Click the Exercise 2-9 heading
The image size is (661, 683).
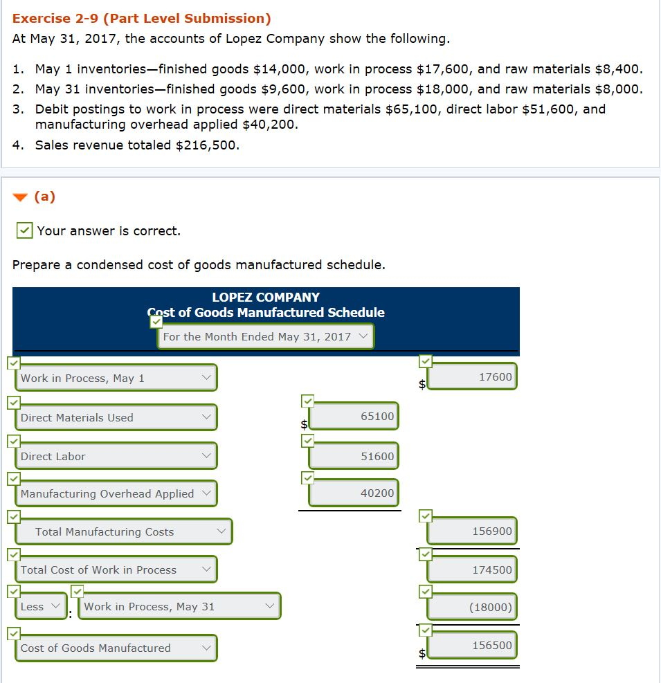[x=142, y=19]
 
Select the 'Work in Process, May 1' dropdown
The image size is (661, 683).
[x=116, y=378]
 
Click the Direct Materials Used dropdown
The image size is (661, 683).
[x=116, y=417]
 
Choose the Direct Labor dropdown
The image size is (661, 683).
[x=116, y=456]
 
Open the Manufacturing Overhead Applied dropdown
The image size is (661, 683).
[x=116, y=493]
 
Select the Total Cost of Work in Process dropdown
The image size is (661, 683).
[x=116, y=570]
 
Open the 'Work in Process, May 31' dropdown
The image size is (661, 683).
[x=179, y=606]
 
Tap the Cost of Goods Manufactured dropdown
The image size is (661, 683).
[x=116, y=648]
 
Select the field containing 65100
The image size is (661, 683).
[x=354, y=416]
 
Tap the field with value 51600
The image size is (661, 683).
[x=354, y=456]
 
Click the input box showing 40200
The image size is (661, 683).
[x=354, y=493]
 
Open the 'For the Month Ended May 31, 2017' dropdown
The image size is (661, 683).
[x=265, y=336]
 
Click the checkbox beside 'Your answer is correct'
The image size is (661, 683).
[x=24, y=230]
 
